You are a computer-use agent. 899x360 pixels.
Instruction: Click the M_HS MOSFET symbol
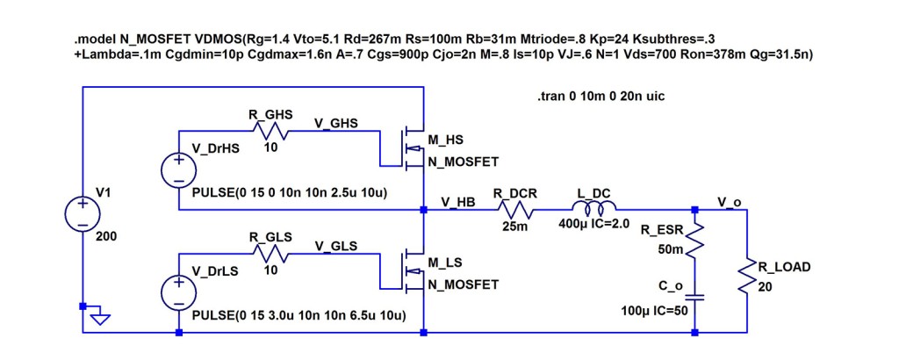tap(408, 146)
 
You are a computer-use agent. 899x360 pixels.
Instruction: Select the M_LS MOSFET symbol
tap(408, 269)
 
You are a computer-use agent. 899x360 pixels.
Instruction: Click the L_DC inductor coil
tap(593, 209)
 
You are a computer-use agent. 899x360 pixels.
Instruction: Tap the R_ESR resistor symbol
tap(694, 239)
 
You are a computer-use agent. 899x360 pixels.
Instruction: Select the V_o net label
tap(729, 202)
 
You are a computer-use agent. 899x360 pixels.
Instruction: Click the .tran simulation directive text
tap(601, 96)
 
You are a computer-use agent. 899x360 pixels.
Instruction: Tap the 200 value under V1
tap(106, 237)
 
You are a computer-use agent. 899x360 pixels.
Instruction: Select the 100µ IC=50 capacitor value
tap(651, 313)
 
